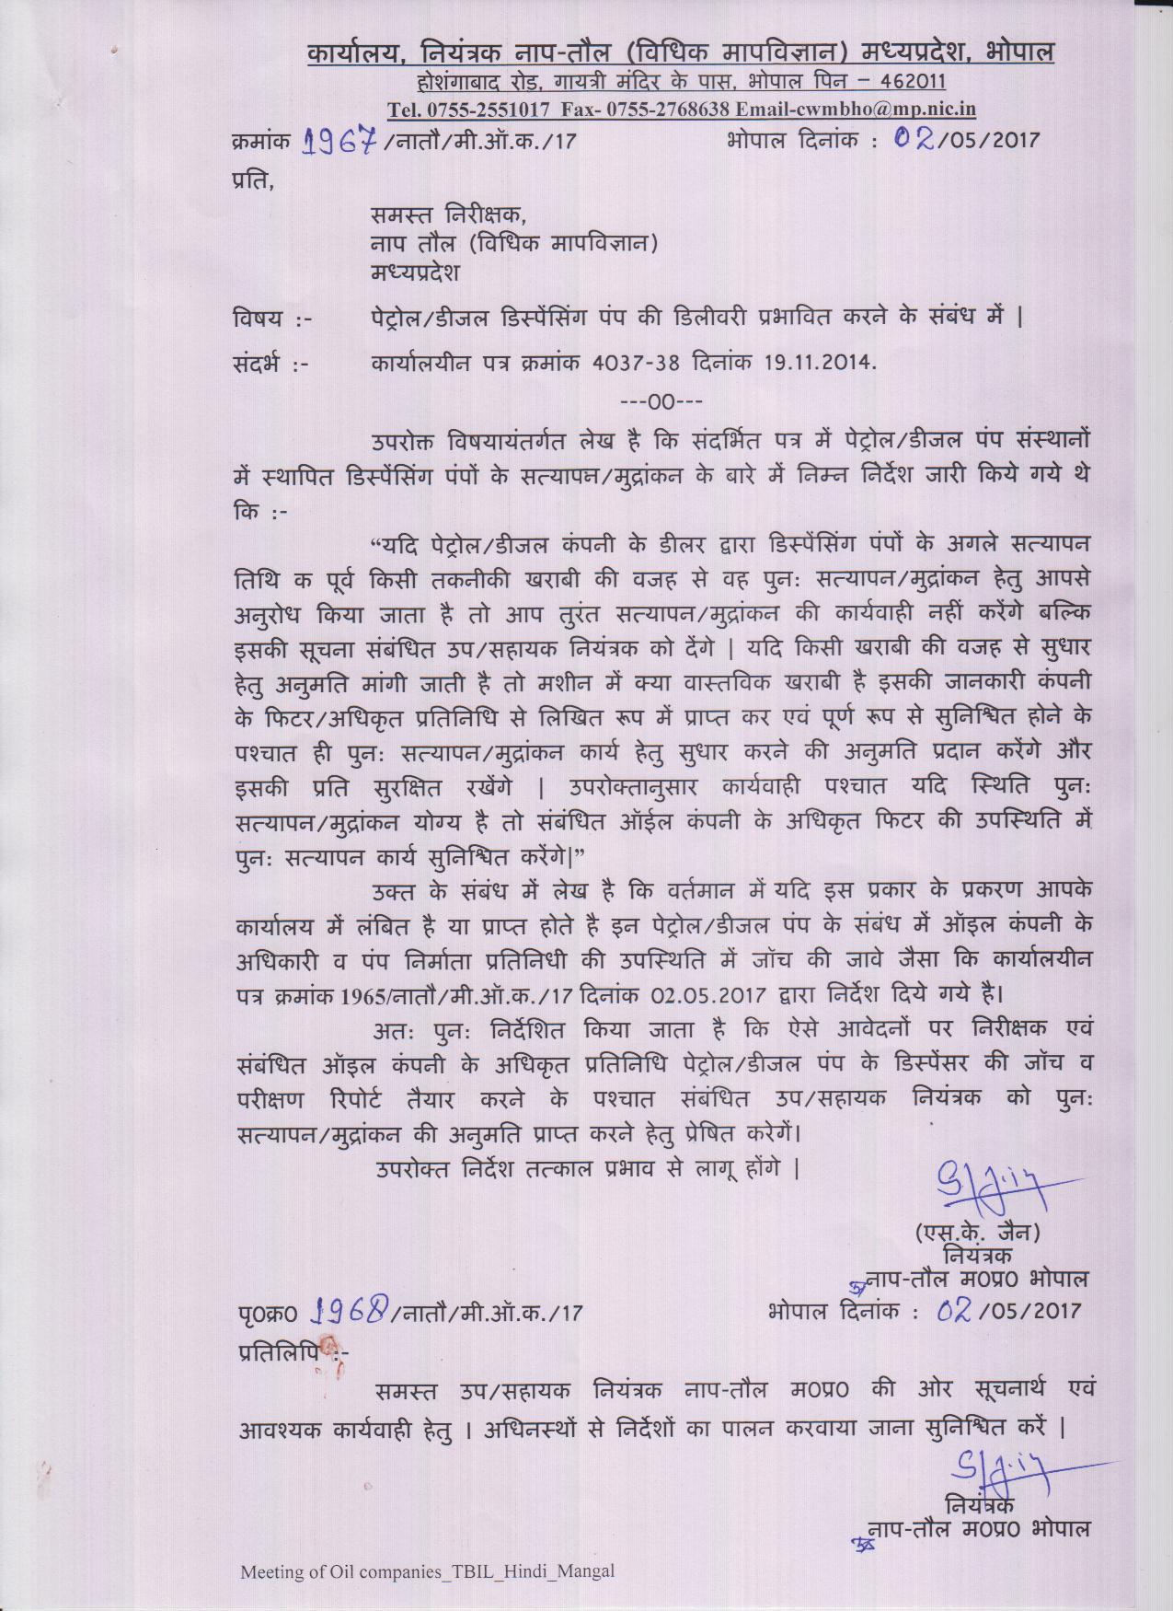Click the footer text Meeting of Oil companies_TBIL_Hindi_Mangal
pos(427,1570)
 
